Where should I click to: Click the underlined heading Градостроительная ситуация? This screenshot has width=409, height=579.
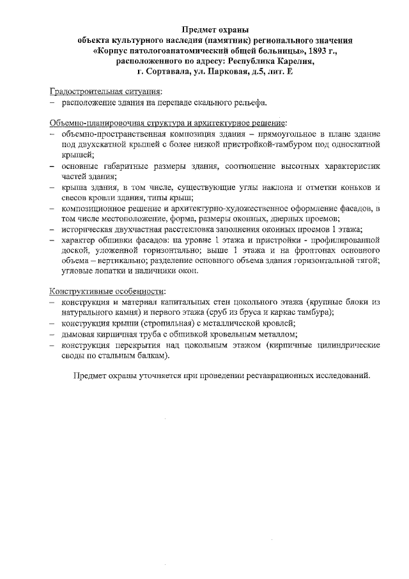[x=106, y=91]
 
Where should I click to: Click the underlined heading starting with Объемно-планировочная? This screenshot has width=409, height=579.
[x=168, y=122]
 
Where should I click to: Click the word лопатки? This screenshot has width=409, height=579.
[x=106, y=271]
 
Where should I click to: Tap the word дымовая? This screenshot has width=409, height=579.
[x=79, y=333]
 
